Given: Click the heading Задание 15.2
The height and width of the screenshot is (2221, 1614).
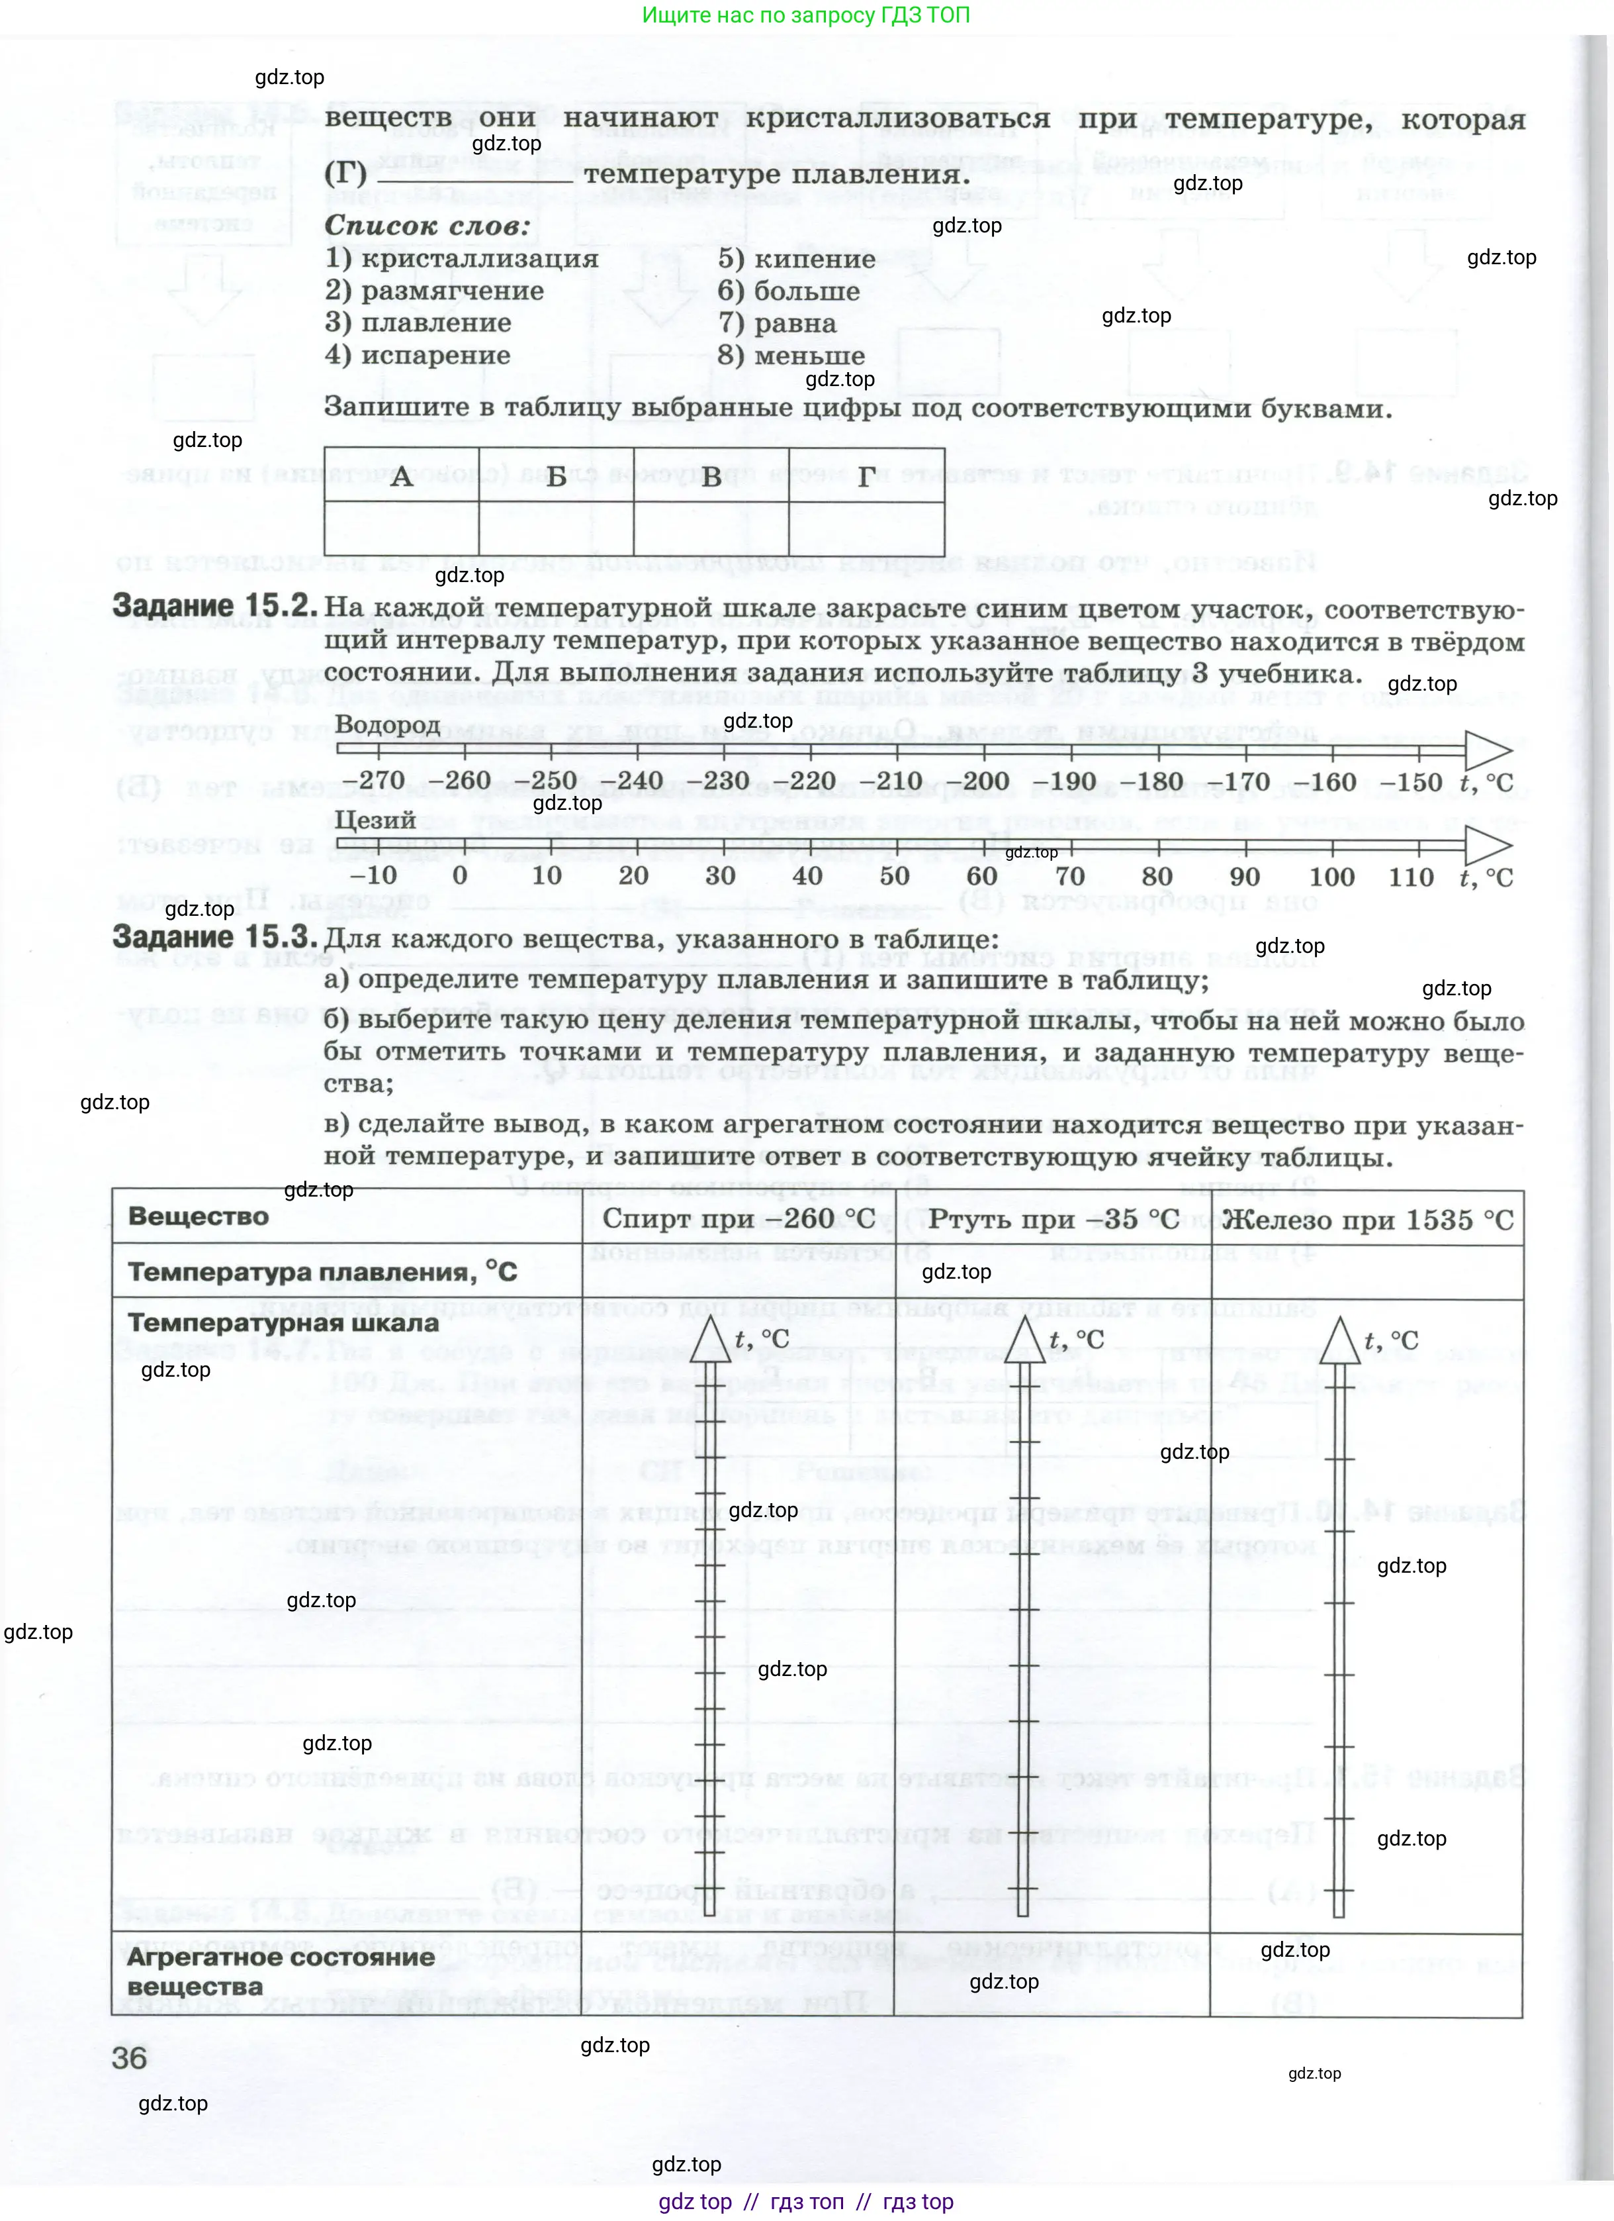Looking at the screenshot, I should tap(215, 606).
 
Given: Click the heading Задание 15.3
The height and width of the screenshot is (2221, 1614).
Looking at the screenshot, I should tap(215, 937).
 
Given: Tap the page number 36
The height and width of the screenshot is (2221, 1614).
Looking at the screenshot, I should tap(130, 2057).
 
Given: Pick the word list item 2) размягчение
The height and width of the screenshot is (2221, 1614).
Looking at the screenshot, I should tap(435, 291).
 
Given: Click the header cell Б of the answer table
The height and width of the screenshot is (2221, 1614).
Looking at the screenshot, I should tap(556, 477).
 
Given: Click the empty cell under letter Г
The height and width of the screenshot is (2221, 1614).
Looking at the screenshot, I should tap(866, 529).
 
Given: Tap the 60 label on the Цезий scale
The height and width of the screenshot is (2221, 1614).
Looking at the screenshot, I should tap(982, 877).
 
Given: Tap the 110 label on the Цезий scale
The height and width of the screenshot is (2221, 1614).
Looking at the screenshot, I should tap(1410, 877).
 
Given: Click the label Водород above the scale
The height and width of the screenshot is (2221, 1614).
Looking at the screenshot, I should tap(388, 724).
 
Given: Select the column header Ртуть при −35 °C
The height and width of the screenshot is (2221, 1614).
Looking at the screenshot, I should tap(1053, 1219).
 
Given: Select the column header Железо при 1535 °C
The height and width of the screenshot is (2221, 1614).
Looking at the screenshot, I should tap(1367, 1219).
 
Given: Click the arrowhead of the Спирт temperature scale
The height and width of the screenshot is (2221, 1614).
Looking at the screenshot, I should tap(711, 1339).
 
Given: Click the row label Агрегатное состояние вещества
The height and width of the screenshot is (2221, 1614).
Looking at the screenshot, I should tap(280, 1971).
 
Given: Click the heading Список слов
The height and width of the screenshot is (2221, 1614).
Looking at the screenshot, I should tap(427, 225).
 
